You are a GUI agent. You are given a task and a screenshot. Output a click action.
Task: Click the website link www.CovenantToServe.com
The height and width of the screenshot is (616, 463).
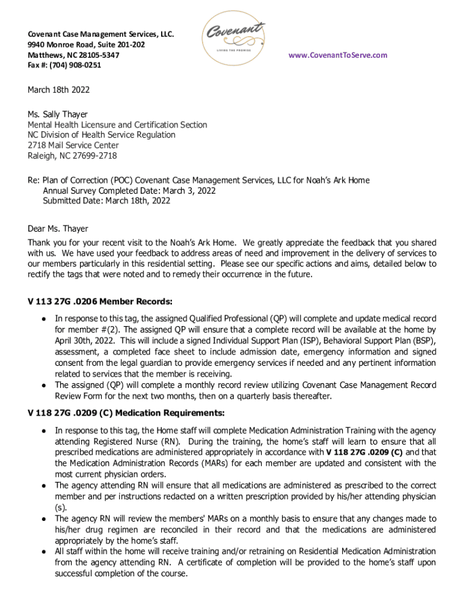pos(338,55)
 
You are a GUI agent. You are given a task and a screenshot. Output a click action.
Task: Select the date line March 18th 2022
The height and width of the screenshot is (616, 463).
pos(59,90)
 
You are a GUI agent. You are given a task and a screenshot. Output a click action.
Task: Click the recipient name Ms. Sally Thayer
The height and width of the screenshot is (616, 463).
pos(58,115)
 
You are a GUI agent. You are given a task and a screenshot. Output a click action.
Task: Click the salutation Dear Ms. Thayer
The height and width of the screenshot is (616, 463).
pos(58,229)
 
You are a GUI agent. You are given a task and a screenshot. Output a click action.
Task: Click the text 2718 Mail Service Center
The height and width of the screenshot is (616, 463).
pos(73,146)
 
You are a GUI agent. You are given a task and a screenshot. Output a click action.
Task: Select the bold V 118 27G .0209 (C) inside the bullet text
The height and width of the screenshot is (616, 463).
pos(364,452)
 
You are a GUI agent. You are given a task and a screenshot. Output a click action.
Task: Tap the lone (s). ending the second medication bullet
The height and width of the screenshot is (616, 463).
pos(61,507)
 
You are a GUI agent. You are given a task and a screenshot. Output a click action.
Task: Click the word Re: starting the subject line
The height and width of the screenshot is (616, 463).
pos(34,180)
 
